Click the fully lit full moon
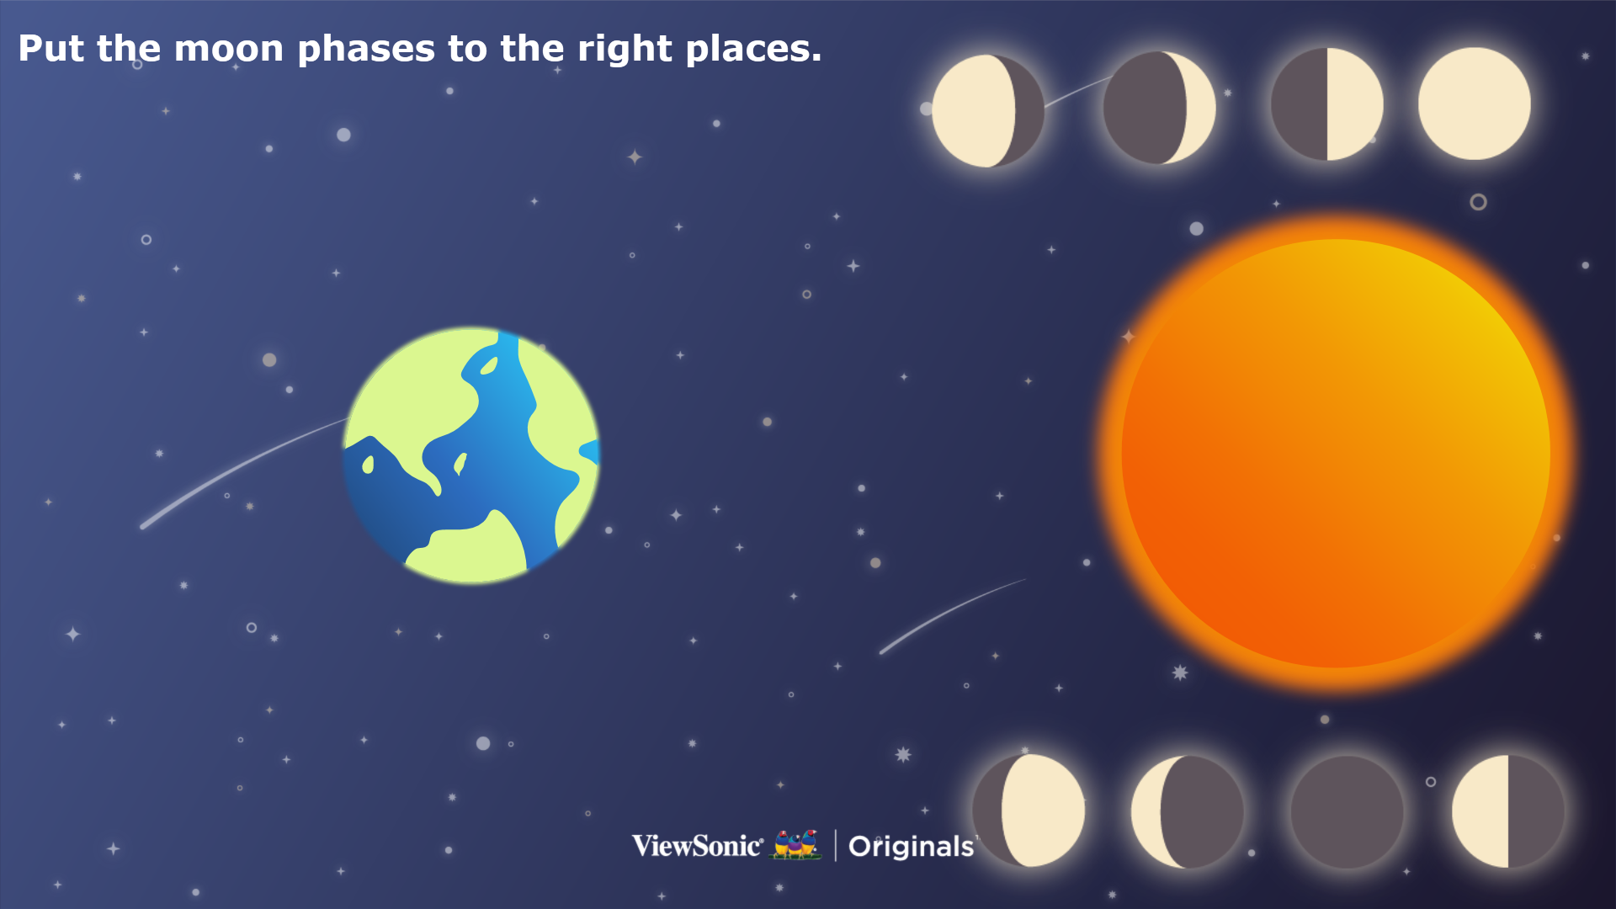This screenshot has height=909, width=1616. point(1474,104)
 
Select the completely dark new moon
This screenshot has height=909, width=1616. point(1347,811)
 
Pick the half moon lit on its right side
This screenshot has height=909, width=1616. point(1326,104)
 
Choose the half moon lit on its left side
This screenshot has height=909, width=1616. point(1507,811)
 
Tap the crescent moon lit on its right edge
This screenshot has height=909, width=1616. point(1159,108)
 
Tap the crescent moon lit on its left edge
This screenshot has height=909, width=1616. point(1187,811)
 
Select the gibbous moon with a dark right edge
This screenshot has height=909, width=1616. point(988,111)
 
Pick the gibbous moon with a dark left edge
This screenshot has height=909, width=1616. point(1029,811)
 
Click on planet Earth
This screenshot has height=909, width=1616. point(471,455)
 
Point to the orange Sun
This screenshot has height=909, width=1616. point(1336,453)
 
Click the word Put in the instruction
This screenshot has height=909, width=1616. point(51,49)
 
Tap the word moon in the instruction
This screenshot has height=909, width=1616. point(229,50)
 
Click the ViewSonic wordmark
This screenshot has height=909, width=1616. point(698,845)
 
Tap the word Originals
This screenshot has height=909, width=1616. point(911,846)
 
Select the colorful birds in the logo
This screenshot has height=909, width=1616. point(796,844)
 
